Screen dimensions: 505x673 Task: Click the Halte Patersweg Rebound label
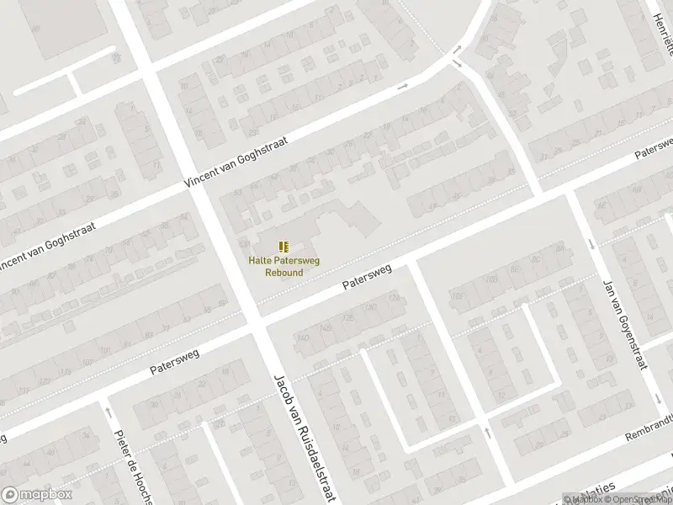click(x=284, y=266)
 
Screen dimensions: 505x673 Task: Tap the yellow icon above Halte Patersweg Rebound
click(x=284, y=246)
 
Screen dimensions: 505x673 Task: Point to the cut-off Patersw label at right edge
click(x=654, y=150)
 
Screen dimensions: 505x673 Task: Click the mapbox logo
click(x=35, y=495)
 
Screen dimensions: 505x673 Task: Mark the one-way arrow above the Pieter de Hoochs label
click(x=109, y=412)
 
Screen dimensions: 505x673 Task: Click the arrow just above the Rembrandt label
click(x=487, y=433)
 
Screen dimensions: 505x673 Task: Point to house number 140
click(x=301, y=338)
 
